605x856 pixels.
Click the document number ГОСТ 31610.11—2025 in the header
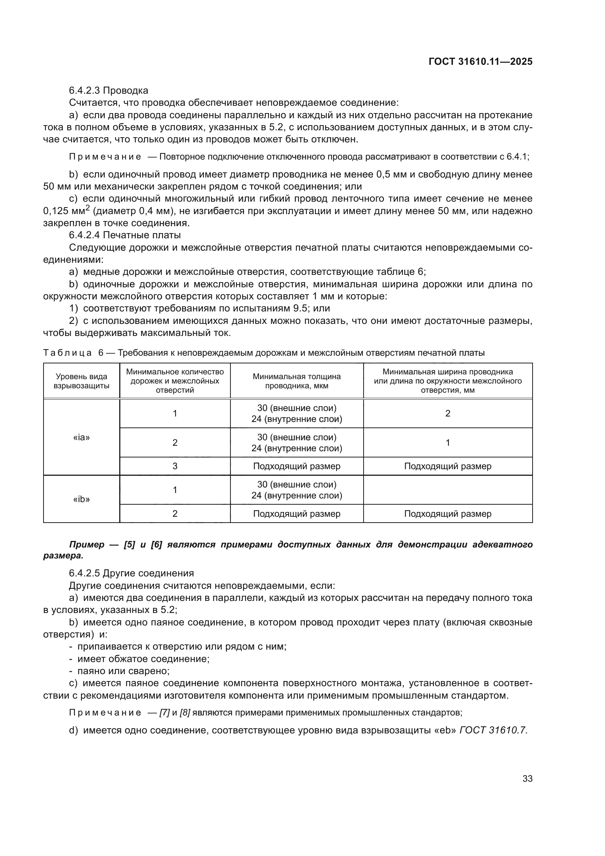point(480,62)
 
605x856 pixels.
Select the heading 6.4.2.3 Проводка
point(108,91)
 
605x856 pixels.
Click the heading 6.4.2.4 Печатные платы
point(125,235)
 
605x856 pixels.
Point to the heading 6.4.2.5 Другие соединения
point(131,573)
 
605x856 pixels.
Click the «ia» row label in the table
point(82,437)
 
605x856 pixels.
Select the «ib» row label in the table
point(82,499)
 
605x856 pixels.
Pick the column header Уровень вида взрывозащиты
point(82,381)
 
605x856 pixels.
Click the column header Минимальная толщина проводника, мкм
point(297,381)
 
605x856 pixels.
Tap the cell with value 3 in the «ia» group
point(175,466)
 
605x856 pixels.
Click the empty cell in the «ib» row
point(447,490)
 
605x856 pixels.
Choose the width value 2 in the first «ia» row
point(447,413)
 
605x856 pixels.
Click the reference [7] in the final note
point(164,713)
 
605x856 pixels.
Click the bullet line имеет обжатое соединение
point(143,659)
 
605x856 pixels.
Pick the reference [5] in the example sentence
point(129,545)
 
